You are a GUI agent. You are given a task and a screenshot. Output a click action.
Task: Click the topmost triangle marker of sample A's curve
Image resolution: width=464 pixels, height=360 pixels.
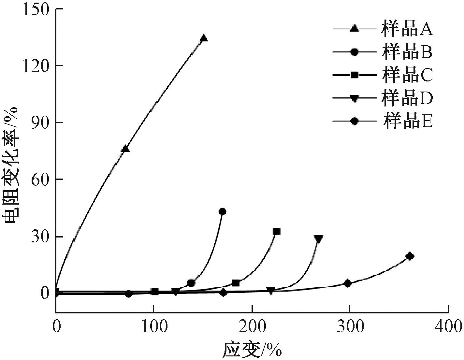pos(204,38)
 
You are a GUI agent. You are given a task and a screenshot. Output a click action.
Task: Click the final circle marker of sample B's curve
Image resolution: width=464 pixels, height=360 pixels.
pos(223,212)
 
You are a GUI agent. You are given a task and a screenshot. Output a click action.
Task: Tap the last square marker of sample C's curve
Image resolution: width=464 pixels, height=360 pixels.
pos(277,232)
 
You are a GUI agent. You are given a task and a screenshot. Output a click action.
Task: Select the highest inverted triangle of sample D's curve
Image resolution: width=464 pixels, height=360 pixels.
pos(318,239)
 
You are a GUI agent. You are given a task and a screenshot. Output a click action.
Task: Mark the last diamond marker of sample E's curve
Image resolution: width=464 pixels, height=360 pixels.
pos(410,256)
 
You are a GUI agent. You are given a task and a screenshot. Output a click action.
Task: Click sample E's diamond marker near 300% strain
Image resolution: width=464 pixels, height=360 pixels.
pos(348,283)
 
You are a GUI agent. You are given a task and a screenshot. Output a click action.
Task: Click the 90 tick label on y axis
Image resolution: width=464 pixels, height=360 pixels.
pos(40,122)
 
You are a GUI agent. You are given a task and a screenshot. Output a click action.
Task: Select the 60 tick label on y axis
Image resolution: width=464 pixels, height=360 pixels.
pos(40,179)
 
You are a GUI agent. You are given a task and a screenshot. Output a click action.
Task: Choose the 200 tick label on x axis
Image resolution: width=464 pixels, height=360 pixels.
pos(252,327)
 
